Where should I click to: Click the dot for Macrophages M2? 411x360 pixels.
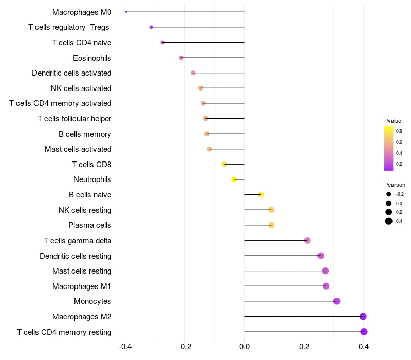[363, 317]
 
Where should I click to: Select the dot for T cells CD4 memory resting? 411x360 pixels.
[364, 332]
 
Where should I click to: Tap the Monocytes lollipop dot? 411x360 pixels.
[337, 301]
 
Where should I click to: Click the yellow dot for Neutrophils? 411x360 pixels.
[234, 179]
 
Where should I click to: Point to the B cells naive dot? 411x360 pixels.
[261, 195]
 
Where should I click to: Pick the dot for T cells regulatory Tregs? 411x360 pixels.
[151, 27]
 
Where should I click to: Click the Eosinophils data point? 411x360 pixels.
[181, 58]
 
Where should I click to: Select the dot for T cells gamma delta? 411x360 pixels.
[307, 241]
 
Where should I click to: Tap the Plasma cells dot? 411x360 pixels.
[271, 225]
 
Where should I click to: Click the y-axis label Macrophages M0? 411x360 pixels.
[82, 12]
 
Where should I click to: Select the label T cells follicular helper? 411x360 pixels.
[74, 119]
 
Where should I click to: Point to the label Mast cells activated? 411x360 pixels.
[78, 149]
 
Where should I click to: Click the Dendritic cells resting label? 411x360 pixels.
[76, 256]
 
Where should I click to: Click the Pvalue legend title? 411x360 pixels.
[393, 121]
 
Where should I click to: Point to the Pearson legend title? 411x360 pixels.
[395, 185]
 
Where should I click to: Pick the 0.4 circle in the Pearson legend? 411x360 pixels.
[389, 221]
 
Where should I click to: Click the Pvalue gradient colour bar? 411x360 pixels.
[389, 148]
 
